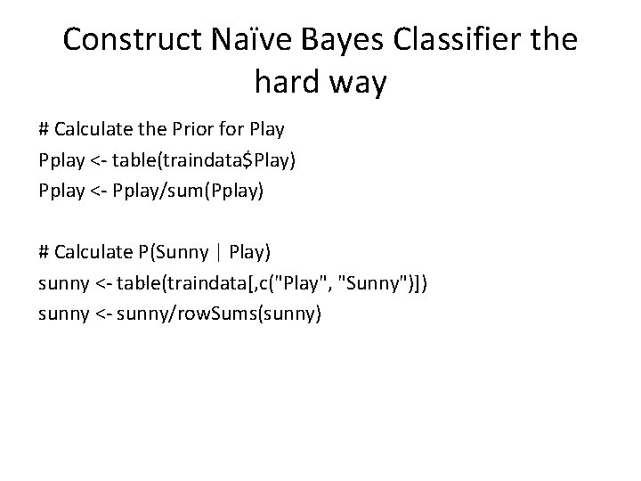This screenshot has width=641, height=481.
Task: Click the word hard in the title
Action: point(287,83)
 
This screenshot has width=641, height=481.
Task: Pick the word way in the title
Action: point(360,85)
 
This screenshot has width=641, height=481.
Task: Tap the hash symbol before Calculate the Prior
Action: point(45,129)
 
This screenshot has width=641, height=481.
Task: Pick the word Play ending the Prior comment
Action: point(267,129)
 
